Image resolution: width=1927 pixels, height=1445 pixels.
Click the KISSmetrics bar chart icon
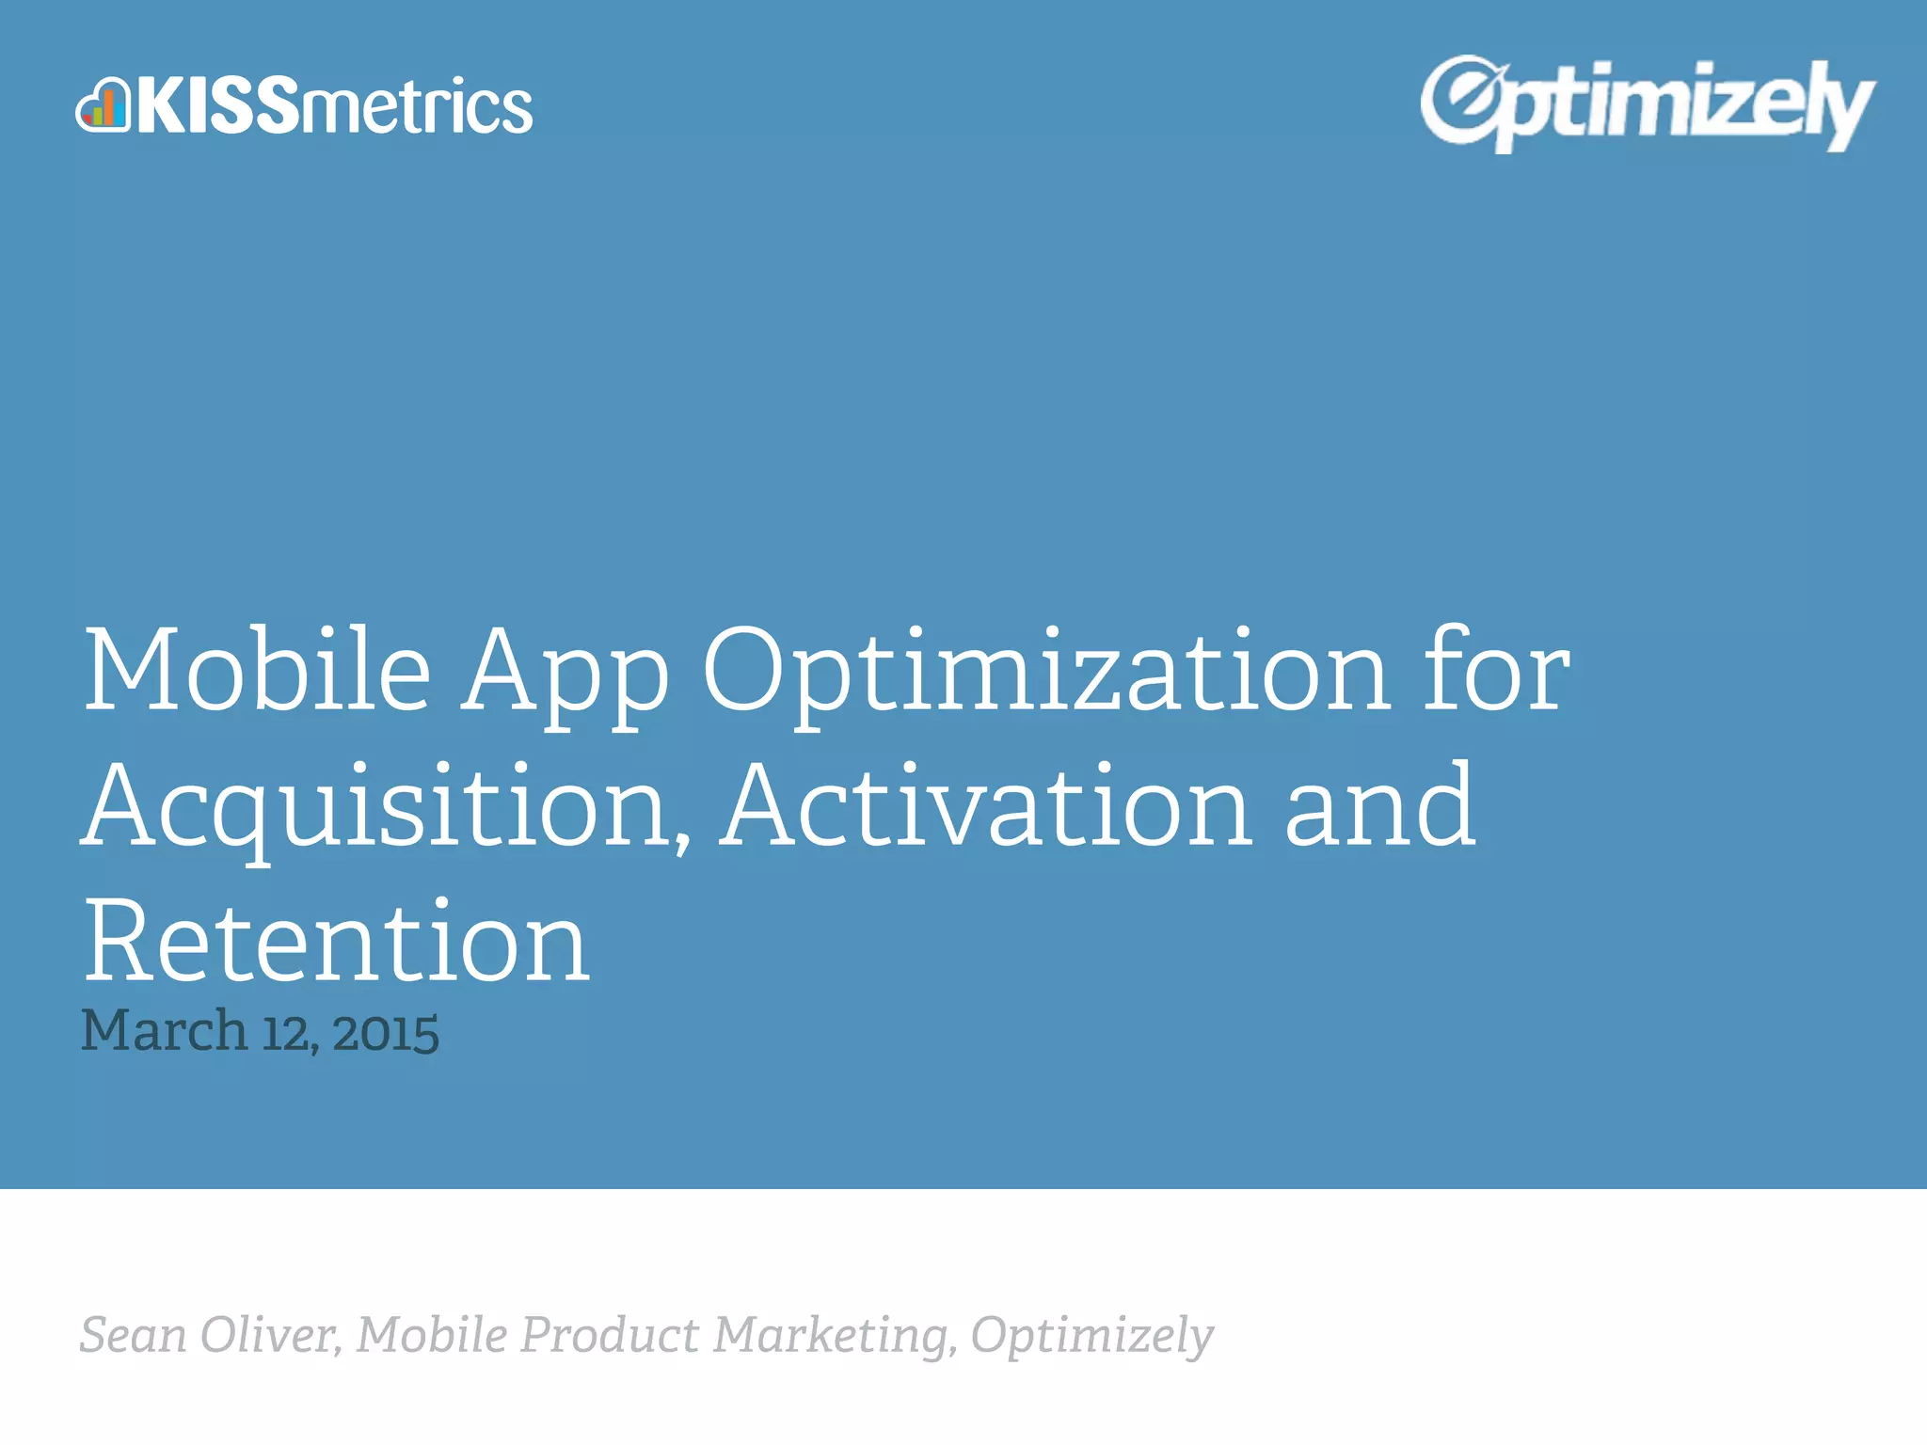103,104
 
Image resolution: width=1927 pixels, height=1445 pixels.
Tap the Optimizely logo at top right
1647,103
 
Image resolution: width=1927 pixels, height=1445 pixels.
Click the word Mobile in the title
257,670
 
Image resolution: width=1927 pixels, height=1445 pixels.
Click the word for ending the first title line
1496,670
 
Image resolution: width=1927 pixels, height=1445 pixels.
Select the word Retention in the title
337,943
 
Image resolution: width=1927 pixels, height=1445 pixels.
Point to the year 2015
386,1033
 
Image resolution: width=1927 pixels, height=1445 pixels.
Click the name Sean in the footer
133,1336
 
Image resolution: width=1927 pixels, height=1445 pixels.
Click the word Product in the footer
610,1336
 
